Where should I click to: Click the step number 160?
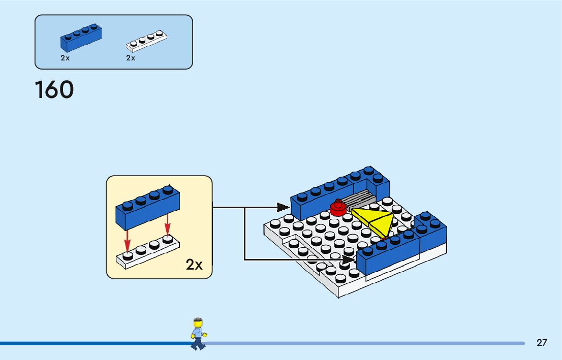coord(54,90)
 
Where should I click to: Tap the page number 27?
coord(542,343)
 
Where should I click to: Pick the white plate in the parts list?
coord(147,41)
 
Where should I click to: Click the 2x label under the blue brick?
coord(65,58)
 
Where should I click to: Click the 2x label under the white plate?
coord(131,58)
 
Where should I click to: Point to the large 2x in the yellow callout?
coord(194,265)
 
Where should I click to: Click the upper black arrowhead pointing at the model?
coord(283,207)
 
